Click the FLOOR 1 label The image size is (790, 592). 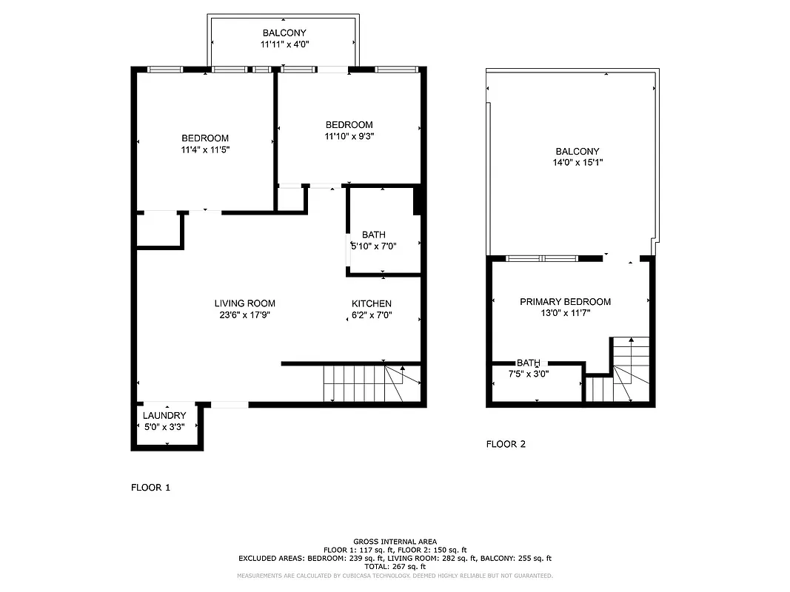click(150, 488)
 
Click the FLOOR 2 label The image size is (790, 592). click(506, 445)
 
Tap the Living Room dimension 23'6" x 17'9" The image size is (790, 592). click(245, 314)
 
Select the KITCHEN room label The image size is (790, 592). click(371, 303)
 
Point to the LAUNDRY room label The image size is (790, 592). click(164, 416)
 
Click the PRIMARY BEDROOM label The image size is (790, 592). click(565, 302)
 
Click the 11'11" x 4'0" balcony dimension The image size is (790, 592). click(284, 45)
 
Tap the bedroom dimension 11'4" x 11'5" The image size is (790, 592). click(205, 149)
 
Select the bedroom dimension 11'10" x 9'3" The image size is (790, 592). click(349, 136)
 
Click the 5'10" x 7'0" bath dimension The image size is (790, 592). click(374, 246)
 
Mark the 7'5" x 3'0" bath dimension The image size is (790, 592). click(528, 374)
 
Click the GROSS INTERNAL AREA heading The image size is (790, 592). click(395, 542)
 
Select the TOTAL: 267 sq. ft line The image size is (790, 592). click(395, 567)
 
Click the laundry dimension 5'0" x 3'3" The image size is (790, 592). click(164, 427)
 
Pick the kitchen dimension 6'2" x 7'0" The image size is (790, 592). click(371, 314)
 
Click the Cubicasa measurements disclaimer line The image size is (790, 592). click(395, 576)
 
